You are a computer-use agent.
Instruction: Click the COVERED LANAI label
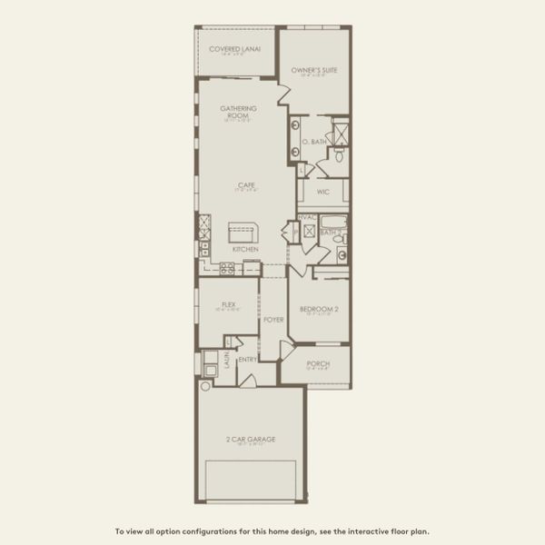234,48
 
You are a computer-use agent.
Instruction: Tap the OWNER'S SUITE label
313,70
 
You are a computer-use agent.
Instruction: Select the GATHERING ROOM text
239,112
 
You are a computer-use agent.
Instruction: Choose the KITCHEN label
245,249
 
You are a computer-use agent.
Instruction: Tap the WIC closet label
322,193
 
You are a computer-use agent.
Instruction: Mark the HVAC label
307,217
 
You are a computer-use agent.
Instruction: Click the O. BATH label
314,143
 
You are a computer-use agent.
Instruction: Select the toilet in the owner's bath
338,155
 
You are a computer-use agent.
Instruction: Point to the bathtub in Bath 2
332,221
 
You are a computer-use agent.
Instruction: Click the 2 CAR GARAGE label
251,440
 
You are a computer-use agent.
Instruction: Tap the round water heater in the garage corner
205,386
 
